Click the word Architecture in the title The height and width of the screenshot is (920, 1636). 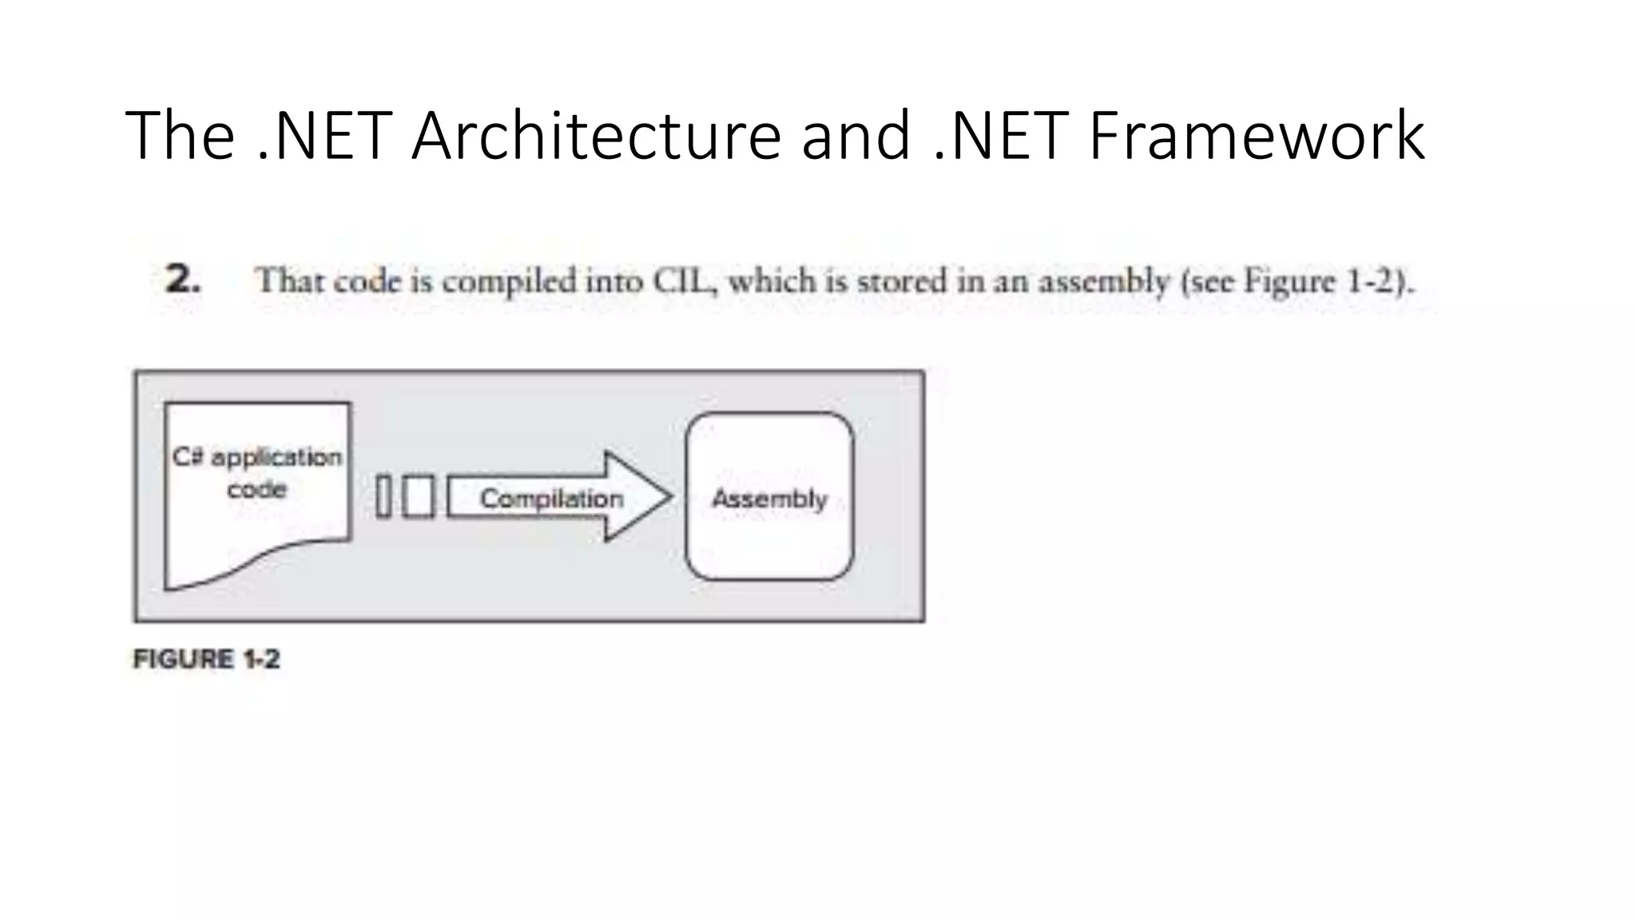click(x=596, y=136)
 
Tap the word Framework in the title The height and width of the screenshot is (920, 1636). click(x=1256, y=136)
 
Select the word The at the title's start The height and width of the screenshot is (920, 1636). click(x=180, y=136)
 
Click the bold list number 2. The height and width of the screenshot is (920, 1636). click(x=183, y=280)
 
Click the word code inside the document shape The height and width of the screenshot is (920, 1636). click(x=256, y=489)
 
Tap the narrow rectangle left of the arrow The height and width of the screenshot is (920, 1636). click(x=383, y=497)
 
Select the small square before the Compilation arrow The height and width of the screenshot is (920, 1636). click(x=419, y=497)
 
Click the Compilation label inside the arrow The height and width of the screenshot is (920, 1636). click(x=551, y=498)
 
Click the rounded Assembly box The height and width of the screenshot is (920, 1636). click(x=769, y=498)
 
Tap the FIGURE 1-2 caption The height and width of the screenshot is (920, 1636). click(x=206, y=660)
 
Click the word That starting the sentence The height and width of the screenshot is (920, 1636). click(x=288, y=281)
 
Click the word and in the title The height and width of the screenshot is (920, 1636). click(x=856, y=136)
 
